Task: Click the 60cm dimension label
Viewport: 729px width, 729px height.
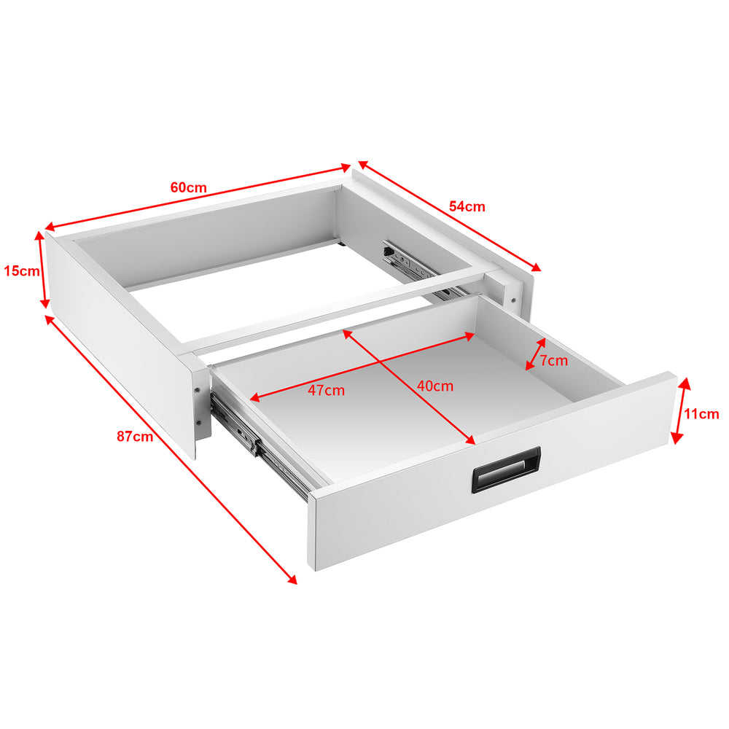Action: point(189,187)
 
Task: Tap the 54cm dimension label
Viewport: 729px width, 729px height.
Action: point(467,206)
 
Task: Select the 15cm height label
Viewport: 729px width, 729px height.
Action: point(21,271)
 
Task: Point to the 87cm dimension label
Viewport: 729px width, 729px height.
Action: point(135,437)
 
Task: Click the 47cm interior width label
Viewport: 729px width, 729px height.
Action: point(326,390)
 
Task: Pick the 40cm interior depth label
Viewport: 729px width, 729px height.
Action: point(434,386)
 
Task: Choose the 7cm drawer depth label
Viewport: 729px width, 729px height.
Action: point(553,361)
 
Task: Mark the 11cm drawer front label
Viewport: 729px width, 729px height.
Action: point(701,414)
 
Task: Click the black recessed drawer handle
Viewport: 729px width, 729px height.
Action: point(507,471)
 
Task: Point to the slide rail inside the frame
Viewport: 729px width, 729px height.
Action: point(412,266)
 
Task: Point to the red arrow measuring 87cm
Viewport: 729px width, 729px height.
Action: point(171,448)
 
